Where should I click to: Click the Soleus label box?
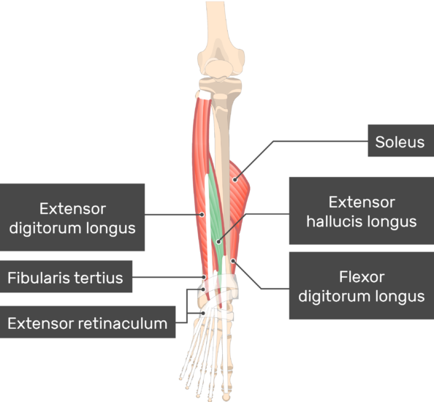pyautogui.click(x=401, y=140)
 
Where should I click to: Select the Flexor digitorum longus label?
pyautogui.click(x=362, y=286)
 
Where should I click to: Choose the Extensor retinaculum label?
pyautogui.click(x=88, y=322)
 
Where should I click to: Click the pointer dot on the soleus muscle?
pyautogui.click(x=235, y=180)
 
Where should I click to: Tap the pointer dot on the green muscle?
pyautogui.click(x=218, y=242)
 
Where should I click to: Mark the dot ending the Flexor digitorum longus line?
pyautogui.click(x=233, y=261)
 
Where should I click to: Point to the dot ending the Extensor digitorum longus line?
pyautogui.click(x=202, y=214)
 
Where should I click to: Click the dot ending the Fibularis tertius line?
pyautogui.click(x=204, y=277)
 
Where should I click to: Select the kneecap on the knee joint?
pyautogui.click(x=219, y=69)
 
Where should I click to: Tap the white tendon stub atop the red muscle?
pyautogui.click(x=205, y=94)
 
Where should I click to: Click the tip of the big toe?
pyautogui.click(x=226, y=398)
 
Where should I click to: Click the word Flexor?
pyautogui.click(x=362, y=277)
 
